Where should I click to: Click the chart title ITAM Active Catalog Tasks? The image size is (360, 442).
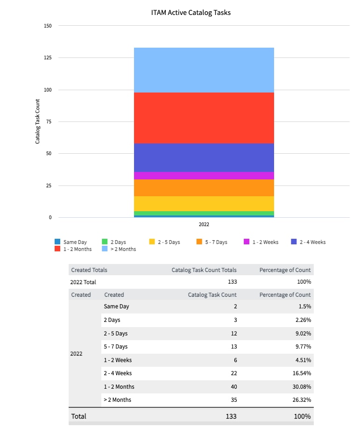191,13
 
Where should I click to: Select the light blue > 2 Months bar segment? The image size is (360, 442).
204,70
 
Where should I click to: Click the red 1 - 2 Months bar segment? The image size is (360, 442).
204,118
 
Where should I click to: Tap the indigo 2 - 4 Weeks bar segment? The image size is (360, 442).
204,157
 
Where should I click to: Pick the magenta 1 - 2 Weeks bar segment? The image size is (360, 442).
204,176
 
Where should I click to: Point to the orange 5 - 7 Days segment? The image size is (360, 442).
204,188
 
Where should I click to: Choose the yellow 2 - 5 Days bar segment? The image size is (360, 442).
204,204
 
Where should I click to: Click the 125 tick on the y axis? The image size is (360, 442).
48,58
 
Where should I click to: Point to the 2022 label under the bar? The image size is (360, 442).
204,224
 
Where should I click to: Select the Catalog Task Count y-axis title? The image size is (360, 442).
38,121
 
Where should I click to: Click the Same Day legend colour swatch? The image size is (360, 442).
57,242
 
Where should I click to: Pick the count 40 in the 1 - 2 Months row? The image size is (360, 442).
233,387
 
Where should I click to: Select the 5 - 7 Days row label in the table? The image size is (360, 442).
116,347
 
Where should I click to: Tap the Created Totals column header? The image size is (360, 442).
89,270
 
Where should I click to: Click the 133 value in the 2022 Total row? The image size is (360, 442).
232,282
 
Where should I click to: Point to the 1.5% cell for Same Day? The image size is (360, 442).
304,307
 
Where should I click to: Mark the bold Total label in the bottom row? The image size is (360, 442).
78,416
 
